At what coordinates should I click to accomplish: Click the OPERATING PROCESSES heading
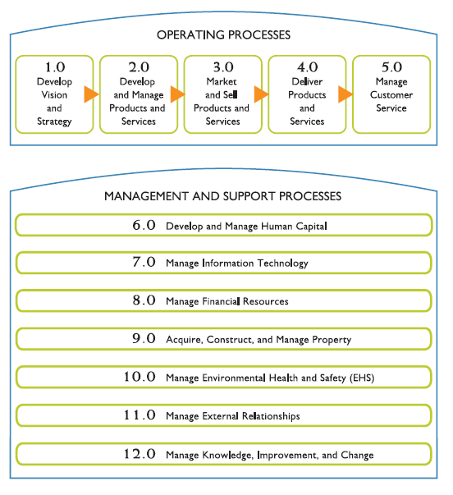(x=223, y=34)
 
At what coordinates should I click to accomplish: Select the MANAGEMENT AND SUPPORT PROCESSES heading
(x=223, y=196)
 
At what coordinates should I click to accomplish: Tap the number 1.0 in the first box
(x=55, y=67)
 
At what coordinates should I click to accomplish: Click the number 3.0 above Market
(x=223, y=67)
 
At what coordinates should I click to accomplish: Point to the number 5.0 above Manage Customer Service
(x=391, y=67)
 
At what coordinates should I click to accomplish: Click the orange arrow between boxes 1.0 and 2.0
(x=91, y=94)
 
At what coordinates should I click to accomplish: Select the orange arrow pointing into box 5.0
(x=345, y=94)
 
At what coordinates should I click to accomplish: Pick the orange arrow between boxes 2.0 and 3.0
(x=178, y=94)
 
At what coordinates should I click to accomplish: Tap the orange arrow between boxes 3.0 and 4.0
(x=262, y=94)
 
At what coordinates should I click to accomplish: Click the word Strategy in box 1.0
(x=54, y=121)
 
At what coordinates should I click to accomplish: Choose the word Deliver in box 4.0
(x=307, y=81)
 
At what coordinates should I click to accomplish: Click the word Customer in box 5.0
(x=391, y=94)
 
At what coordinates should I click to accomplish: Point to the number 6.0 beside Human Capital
(x=144, y=225)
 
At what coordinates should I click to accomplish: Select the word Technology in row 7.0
(x=282, y=264)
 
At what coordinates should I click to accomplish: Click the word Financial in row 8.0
(x=221, y=301)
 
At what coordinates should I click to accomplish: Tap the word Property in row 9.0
(x=332, y=340)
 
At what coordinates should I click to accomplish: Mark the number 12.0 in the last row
(x=140, y=454)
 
